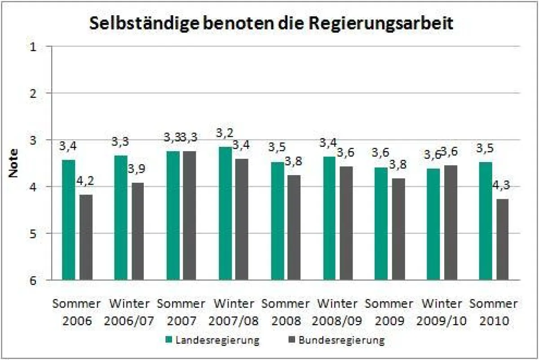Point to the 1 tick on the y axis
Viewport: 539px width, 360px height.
coord(34,46)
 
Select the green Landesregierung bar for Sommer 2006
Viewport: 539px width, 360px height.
coord(69,220)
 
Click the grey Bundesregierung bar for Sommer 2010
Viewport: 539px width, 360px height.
coord(503,239)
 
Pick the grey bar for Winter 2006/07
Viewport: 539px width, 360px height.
coord(137,231)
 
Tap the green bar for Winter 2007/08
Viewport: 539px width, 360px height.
coord(225,213)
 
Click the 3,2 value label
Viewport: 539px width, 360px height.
coord(225,133)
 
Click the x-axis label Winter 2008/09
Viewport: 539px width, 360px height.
coord(338,312)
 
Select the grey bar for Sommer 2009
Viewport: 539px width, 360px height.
coord(398,229)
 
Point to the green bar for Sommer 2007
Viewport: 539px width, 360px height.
coord(173,215)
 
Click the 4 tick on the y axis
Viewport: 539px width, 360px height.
coord(34,186)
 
